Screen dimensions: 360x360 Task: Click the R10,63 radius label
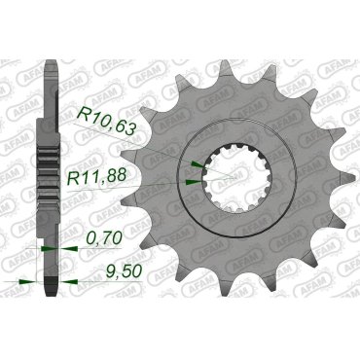tap(106, 119)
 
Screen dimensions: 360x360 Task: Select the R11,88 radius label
tap(108, 177)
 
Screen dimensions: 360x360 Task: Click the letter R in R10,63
tap(79, 119)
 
